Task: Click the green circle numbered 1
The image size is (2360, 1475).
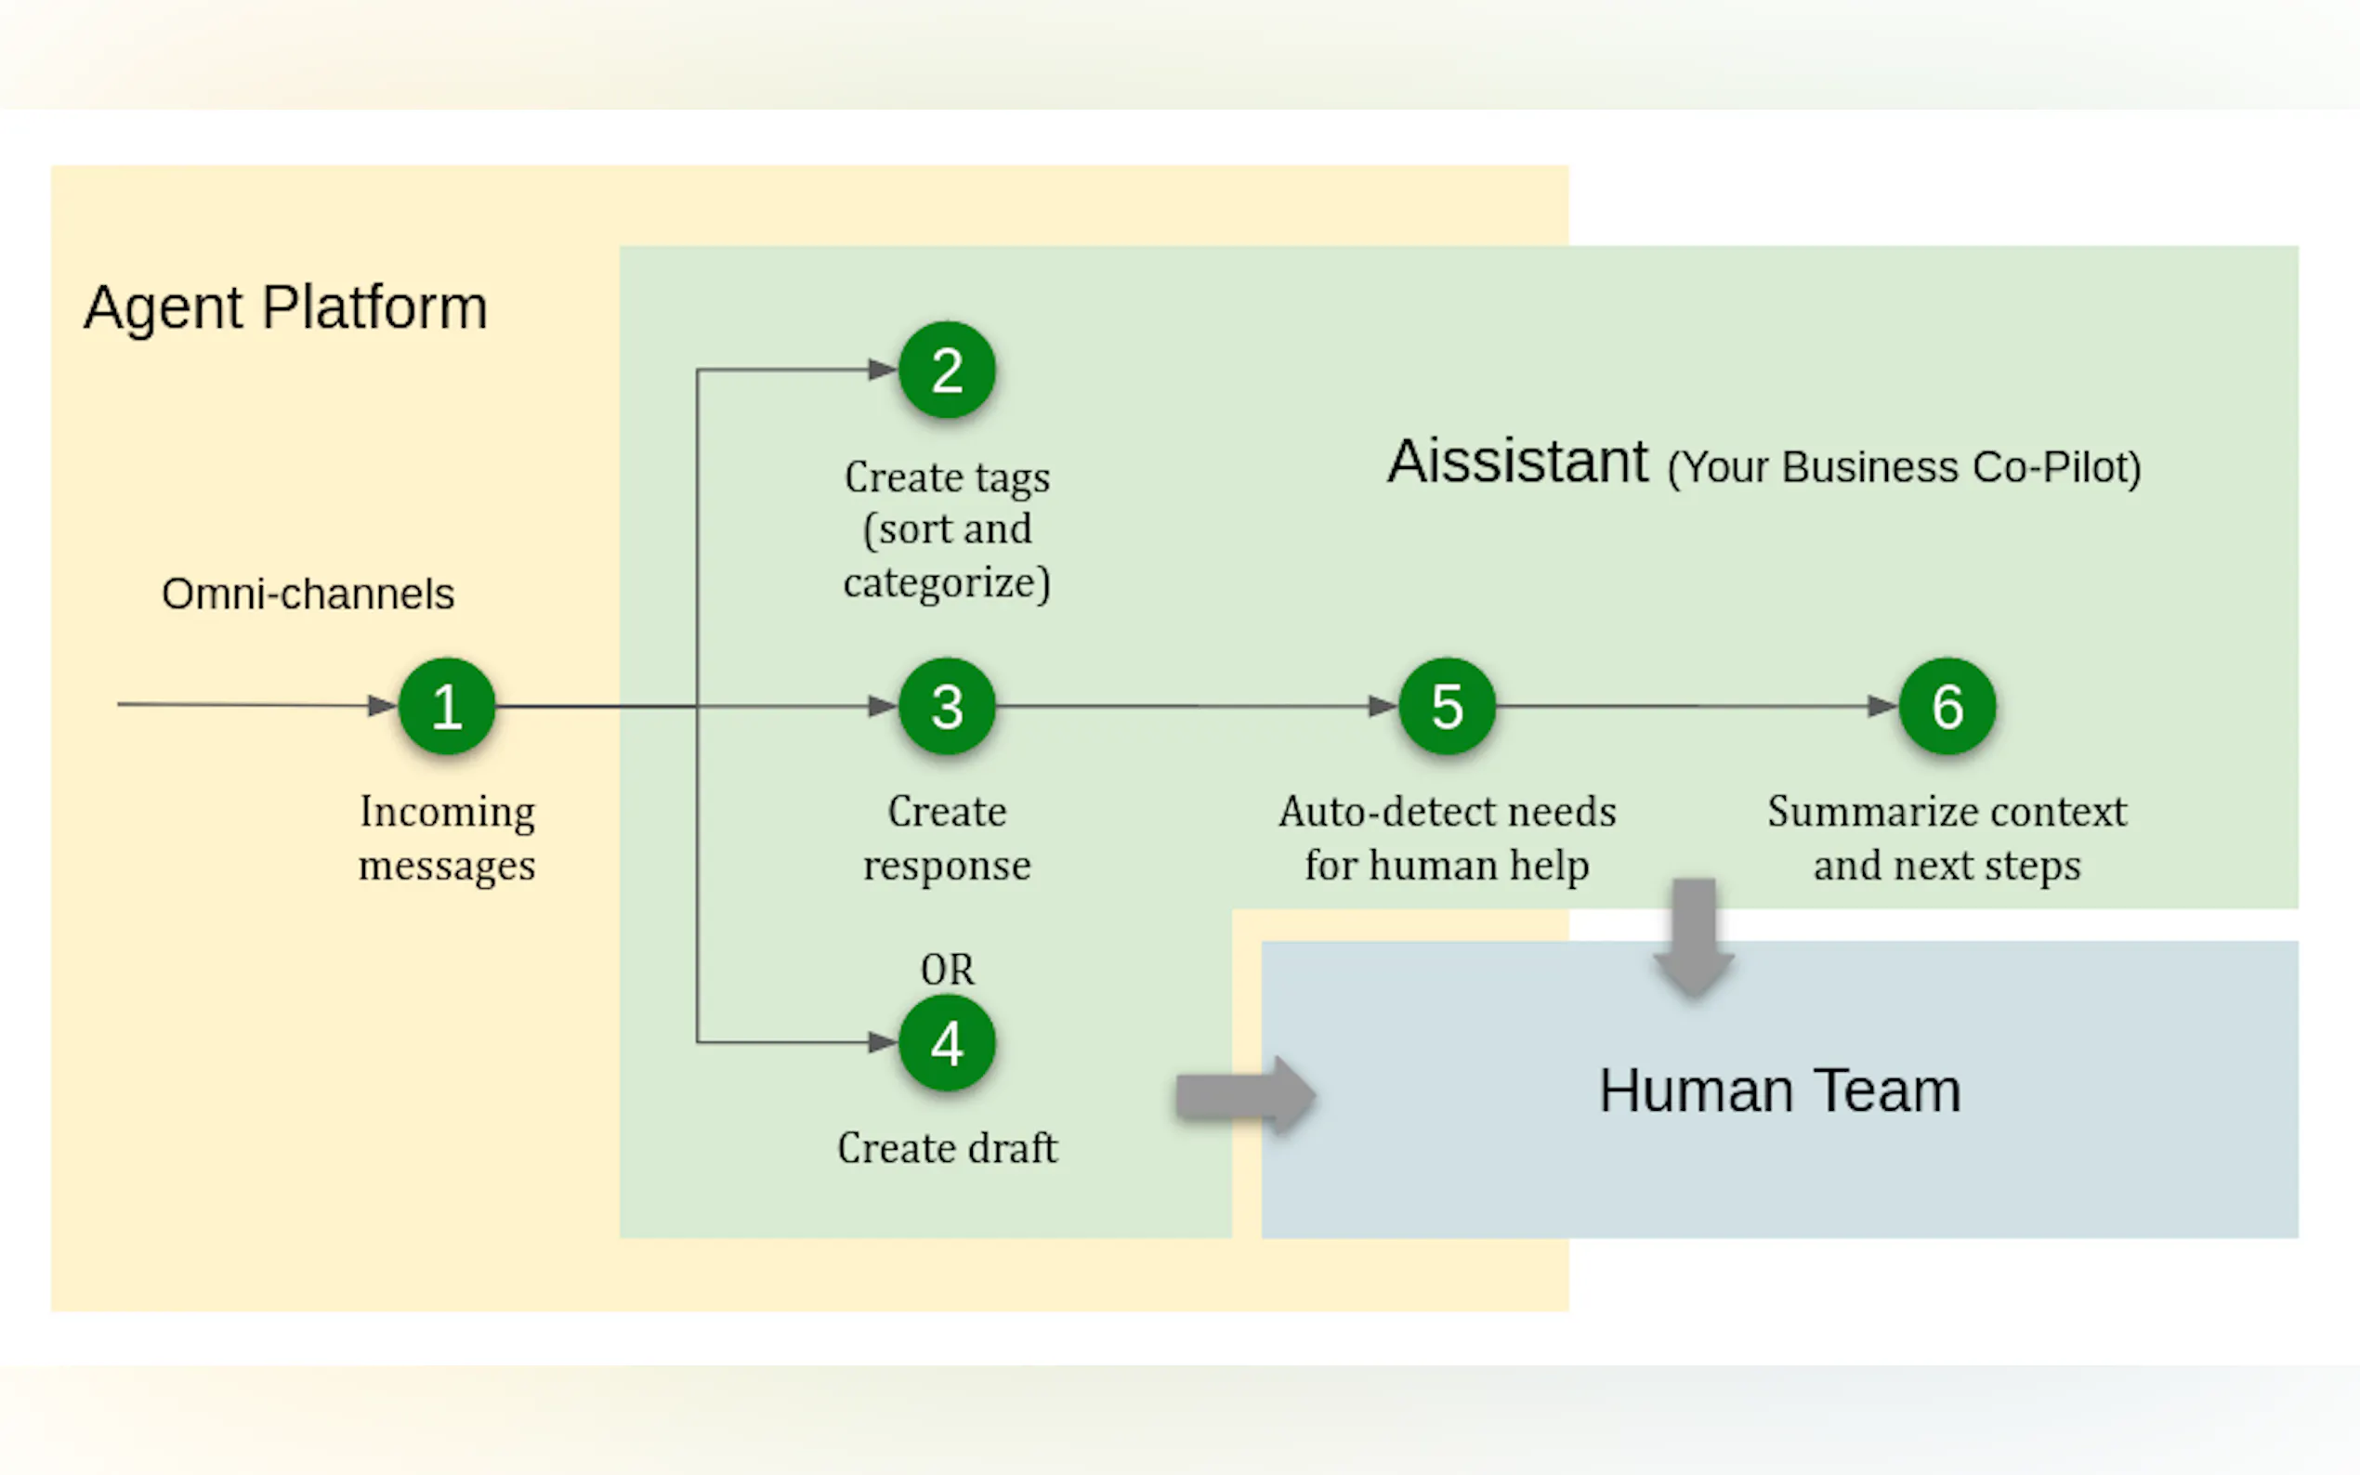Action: (447, 706)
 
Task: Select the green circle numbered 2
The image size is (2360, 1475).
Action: (947, 370)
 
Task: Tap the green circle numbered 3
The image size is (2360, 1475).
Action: (947, 706)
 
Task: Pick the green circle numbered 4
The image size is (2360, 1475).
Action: (947, 1043)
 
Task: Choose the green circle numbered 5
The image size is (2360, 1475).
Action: (1447, 706)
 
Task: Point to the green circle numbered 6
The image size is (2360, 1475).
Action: (1947, 706)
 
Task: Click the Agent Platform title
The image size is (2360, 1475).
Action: (285, 308)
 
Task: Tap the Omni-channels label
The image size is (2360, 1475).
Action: (308, 594)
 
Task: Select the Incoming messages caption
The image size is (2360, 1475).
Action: (447, 838)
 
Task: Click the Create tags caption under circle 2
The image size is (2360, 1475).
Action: (947, 529)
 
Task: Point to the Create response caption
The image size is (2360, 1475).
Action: (947, 838)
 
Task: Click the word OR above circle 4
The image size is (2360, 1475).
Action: (947, 970)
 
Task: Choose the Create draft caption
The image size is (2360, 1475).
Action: (947, 1148)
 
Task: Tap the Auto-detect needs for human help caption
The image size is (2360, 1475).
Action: (1447, 838)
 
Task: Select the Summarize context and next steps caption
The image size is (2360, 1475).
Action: (1947, 838)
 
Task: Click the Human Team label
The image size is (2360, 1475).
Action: (1778, 1090)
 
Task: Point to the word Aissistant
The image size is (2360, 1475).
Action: (1518, 462)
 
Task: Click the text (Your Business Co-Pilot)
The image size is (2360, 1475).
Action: (1904, 467)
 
